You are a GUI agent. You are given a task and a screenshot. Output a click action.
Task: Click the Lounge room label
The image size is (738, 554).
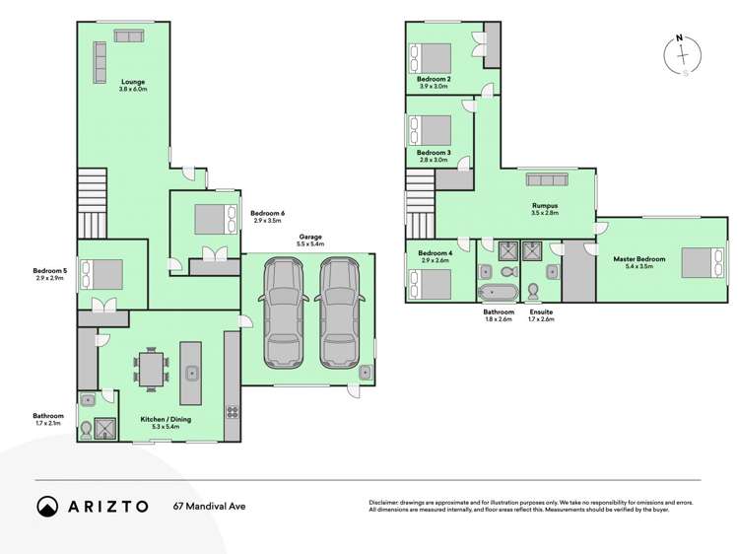133,82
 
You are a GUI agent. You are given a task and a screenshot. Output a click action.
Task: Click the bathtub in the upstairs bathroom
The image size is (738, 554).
497,293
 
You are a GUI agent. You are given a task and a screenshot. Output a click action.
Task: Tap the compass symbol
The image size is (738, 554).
681,55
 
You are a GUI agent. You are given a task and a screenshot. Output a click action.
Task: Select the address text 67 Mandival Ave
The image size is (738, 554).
210,507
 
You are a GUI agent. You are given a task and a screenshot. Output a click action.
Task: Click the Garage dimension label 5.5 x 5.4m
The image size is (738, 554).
312,243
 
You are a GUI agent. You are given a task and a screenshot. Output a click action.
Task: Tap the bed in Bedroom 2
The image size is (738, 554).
432,57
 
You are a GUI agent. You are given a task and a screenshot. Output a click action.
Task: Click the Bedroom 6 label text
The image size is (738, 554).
267,214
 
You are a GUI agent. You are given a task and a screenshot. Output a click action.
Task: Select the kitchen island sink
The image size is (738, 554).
191,373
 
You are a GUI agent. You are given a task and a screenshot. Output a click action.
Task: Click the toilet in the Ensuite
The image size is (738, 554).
533,291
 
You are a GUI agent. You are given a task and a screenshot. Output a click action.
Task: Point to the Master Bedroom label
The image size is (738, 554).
639,259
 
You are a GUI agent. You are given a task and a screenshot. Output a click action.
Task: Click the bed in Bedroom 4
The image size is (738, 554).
430,283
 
